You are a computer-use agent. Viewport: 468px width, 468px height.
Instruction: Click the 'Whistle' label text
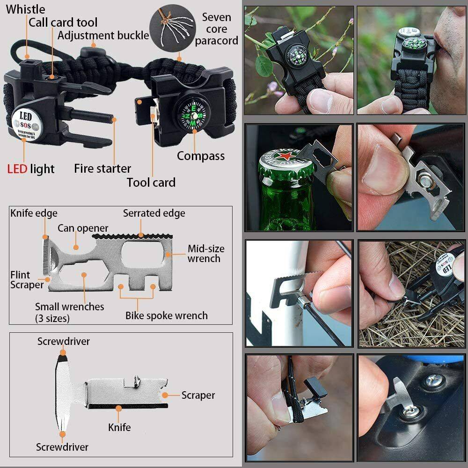[26, 9]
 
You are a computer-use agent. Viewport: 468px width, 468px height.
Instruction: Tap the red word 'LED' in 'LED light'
[17, 168]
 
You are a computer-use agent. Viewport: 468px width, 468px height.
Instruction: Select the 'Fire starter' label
[102, 168]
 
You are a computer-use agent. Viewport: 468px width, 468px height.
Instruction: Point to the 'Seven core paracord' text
[216, 29]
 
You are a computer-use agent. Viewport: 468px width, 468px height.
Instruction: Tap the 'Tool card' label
[151, 183]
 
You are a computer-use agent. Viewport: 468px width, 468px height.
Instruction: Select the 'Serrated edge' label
[154, 213]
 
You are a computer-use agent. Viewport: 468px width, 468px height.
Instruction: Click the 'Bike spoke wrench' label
[166, 315]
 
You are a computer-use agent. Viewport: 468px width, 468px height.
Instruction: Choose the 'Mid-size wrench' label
[206, 253]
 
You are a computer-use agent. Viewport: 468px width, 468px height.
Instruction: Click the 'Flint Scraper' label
[27, 280]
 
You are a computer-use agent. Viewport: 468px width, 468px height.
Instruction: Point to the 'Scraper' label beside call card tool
[198, 395]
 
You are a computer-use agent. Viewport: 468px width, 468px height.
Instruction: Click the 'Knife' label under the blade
[119, 427]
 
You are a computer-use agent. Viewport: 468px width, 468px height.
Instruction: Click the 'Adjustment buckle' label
[103, 36]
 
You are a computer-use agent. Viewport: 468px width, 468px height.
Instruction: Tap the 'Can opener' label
[83, 228]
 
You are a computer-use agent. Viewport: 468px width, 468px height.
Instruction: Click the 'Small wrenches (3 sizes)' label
[69, 312]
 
